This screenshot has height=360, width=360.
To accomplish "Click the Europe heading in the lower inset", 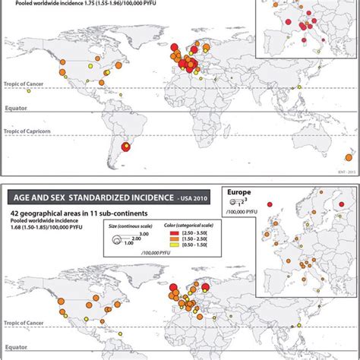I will tap(240, 193).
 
